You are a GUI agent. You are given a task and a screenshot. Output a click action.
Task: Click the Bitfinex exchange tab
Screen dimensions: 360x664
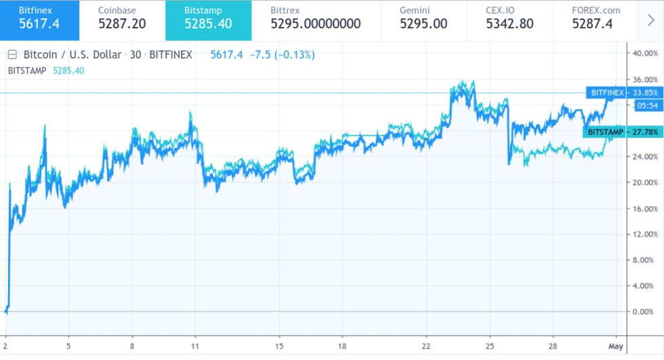(39, 20)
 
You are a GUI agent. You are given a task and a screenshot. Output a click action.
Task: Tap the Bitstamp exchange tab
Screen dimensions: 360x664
(208, 20)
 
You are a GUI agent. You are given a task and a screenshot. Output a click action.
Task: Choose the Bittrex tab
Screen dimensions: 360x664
(315, 20)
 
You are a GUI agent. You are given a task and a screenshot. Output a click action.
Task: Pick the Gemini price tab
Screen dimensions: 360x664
(423, 20)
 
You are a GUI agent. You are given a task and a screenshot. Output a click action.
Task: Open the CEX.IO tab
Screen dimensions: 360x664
(509, 20)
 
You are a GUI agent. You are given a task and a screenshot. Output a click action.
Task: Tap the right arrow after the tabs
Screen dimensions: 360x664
(651, 20)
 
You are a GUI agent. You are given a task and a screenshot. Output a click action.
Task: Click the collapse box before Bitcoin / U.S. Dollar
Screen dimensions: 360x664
(12, 55)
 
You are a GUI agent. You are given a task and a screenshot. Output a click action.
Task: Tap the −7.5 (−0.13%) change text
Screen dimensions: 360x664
(282, 55)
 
